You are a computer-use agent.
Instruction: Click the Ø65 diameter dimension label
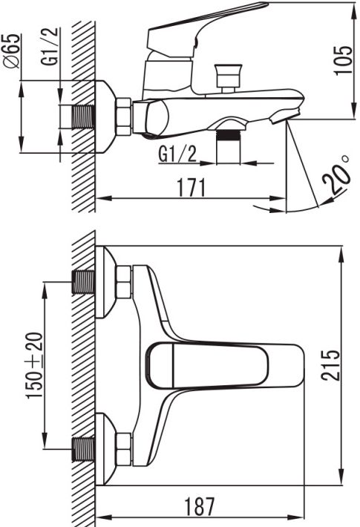coord(12,51)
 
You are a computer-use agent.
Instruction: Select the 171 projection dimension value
coord(192,188)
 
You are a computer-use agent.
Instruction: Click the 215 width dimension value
coord(330,365)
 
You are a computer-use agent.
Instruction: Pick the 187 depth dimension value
coord(200,506)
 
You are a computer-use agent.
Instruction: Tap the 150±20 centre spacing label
coord(36,365)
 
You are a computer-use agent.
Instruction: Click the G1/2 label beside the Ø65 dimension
coord(50,46)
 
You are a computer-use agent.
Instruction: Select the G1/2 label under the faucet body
coord(177,154)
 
